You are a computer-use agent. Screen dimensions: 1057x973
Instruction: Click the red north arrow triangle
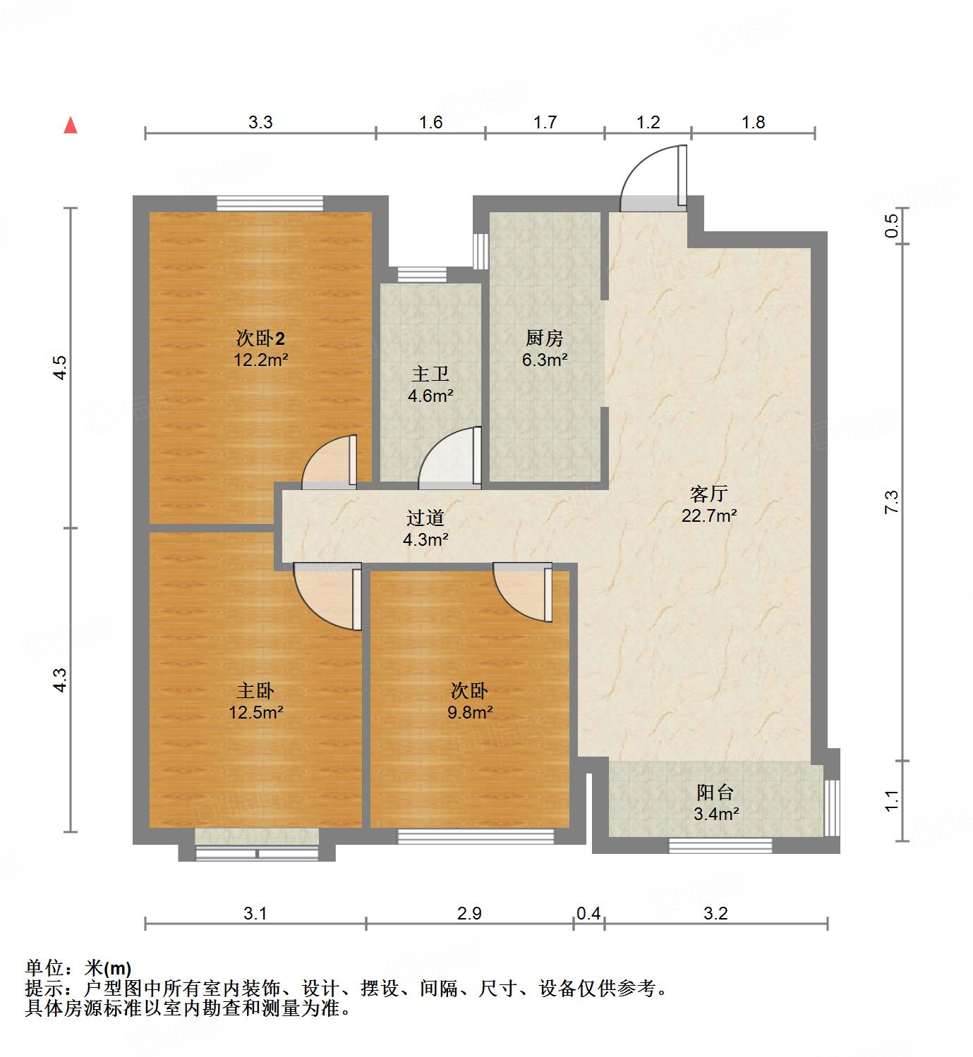(71, 126)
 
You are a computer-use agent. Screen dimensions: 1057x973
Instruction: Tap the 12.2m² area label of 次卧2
(261, 360)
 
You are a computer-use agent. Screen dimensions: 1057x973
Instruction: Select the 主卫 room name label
(430, 374)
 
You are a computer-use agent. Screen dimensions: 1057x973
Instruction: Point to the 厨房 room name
(545, 338)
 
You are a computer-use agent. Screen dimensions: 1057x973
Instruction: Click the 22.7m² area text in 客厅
(709, 515)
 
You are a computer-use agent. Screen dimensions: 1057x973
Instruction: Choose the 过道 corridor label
(425, 518)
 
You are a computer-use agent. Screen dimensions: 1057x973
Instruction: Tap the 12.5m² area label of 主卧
(255, 712)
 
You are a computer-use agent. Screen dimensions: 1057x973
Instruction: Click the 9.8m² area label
(470, 712)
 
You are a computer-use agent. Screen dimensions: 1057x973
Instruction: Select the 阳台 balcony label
(715, 793)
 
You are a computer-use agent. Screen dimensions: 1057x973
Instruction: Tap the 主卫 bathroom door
(450, 458)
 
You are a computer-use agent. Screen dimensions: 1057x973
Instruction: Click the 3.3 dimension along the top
(260, 122)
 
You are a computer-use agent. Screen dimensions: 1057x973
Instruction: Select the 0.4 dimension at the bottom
(588, 914)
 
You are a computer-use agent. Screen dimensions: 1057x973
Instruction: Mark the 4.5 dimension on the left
(60, 368)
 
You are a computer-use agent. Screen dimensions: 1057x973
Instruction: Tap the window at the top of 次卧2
(270, 203)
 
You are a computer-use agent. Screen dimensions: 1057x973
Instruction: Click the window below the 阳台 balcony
(720, 845)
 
